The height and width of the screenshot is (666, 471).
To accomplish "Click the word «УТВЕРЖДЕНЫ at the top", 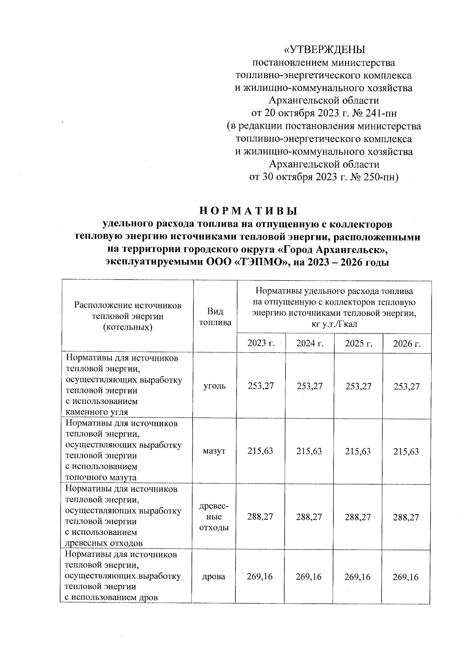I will coord(324,50).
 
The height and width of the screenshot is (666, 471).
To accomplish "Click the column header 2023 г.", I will coord(261,344).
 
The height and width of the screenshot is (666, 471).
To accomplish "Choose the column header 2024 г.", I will coord(310,344).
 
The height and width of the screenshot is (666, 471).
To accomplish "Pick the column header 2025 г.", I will coord(358,344).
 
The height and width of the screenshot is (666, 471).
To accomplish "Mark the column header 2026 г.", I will coord(407,344).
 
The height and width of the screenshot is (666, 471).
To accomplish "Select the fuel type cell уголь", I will coord(215,386).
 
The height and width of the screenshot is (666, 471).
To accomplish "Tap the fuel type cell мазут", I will coord(214,451).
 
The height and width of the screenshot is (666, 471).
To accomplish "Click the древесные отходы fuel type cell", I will coord(214,517).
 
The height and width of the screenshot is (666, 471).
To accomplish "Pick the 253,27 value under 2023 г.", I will coord(261,386).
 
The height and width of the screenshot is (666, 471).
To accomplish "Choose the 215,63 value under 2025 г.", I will coord(358,451).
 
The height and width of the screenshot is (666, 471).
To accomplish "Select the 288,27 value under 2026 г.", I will coord(406,517).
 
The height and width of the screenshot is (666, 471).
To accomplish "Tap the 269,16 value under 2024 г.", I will coord(309,577).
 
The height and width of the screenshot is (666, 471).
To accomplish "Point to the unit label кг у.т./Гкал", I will coord(334,324).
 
